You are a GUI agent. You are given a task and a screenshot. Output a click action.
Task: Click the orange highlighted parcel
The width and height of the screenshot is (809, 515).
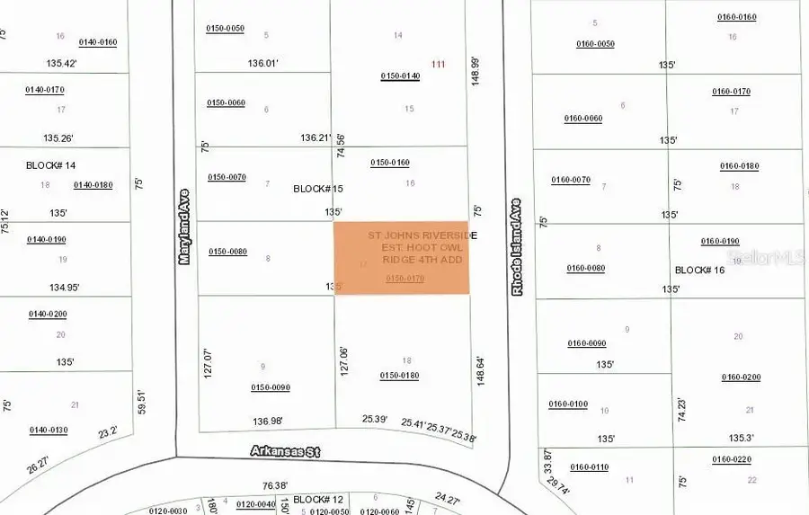[x=402, y=258]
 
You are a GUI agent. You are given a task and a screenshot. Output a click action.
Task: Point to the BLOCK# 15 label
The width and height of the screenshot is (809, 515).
[x=318, y=189]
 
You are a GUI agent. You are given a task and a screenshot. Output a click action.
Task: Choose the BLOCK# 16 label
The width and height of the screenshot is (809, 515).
[x=699, y=270]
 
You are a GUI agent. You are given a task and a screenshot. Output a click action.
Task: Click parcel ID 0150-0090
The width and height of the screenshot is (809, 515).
[x=270, y=387]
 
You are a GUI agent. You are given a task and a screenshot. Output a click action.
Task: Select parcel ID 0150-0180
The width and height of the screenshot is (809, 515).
[x=400, y=376]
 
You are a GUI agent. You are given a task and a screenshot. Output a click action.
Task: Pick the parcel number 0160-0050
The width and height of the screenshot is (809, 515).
[x=595, y=44]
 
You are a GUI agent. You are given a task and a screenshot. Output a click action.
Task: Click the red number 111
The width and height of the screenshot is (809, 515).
[x=439, y=64]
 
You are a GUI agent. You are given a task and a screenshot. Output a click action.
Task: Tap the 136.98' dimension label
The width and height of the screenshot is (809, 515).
[x=268, y=421]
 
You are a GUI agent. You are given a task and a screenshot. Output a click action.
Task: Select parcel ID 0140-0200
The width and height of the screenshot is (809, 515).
[x=47, y=314]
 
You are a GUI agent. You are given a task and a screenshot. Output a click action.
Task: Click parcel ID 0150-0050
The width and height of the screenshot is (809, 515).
[x=225, y=29]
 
